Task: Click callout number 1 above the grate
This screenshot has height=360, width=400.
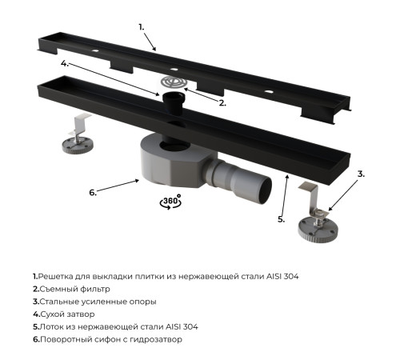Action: click(x=141, y=26)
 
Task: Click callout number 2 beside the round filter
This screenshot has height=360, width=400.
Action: click(x=222, y=102)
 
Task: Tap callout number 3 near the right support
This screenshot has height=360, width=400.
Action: click(x=361, y=173)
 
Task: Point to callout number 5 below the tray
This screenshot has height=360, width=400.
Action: click(x=282, y=218)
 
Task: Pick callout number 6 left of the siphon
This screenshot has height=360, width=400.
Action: click(x=92, y=192)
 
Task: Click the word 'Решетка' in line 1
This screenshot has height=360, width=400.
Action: click(x=58, y=275)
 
